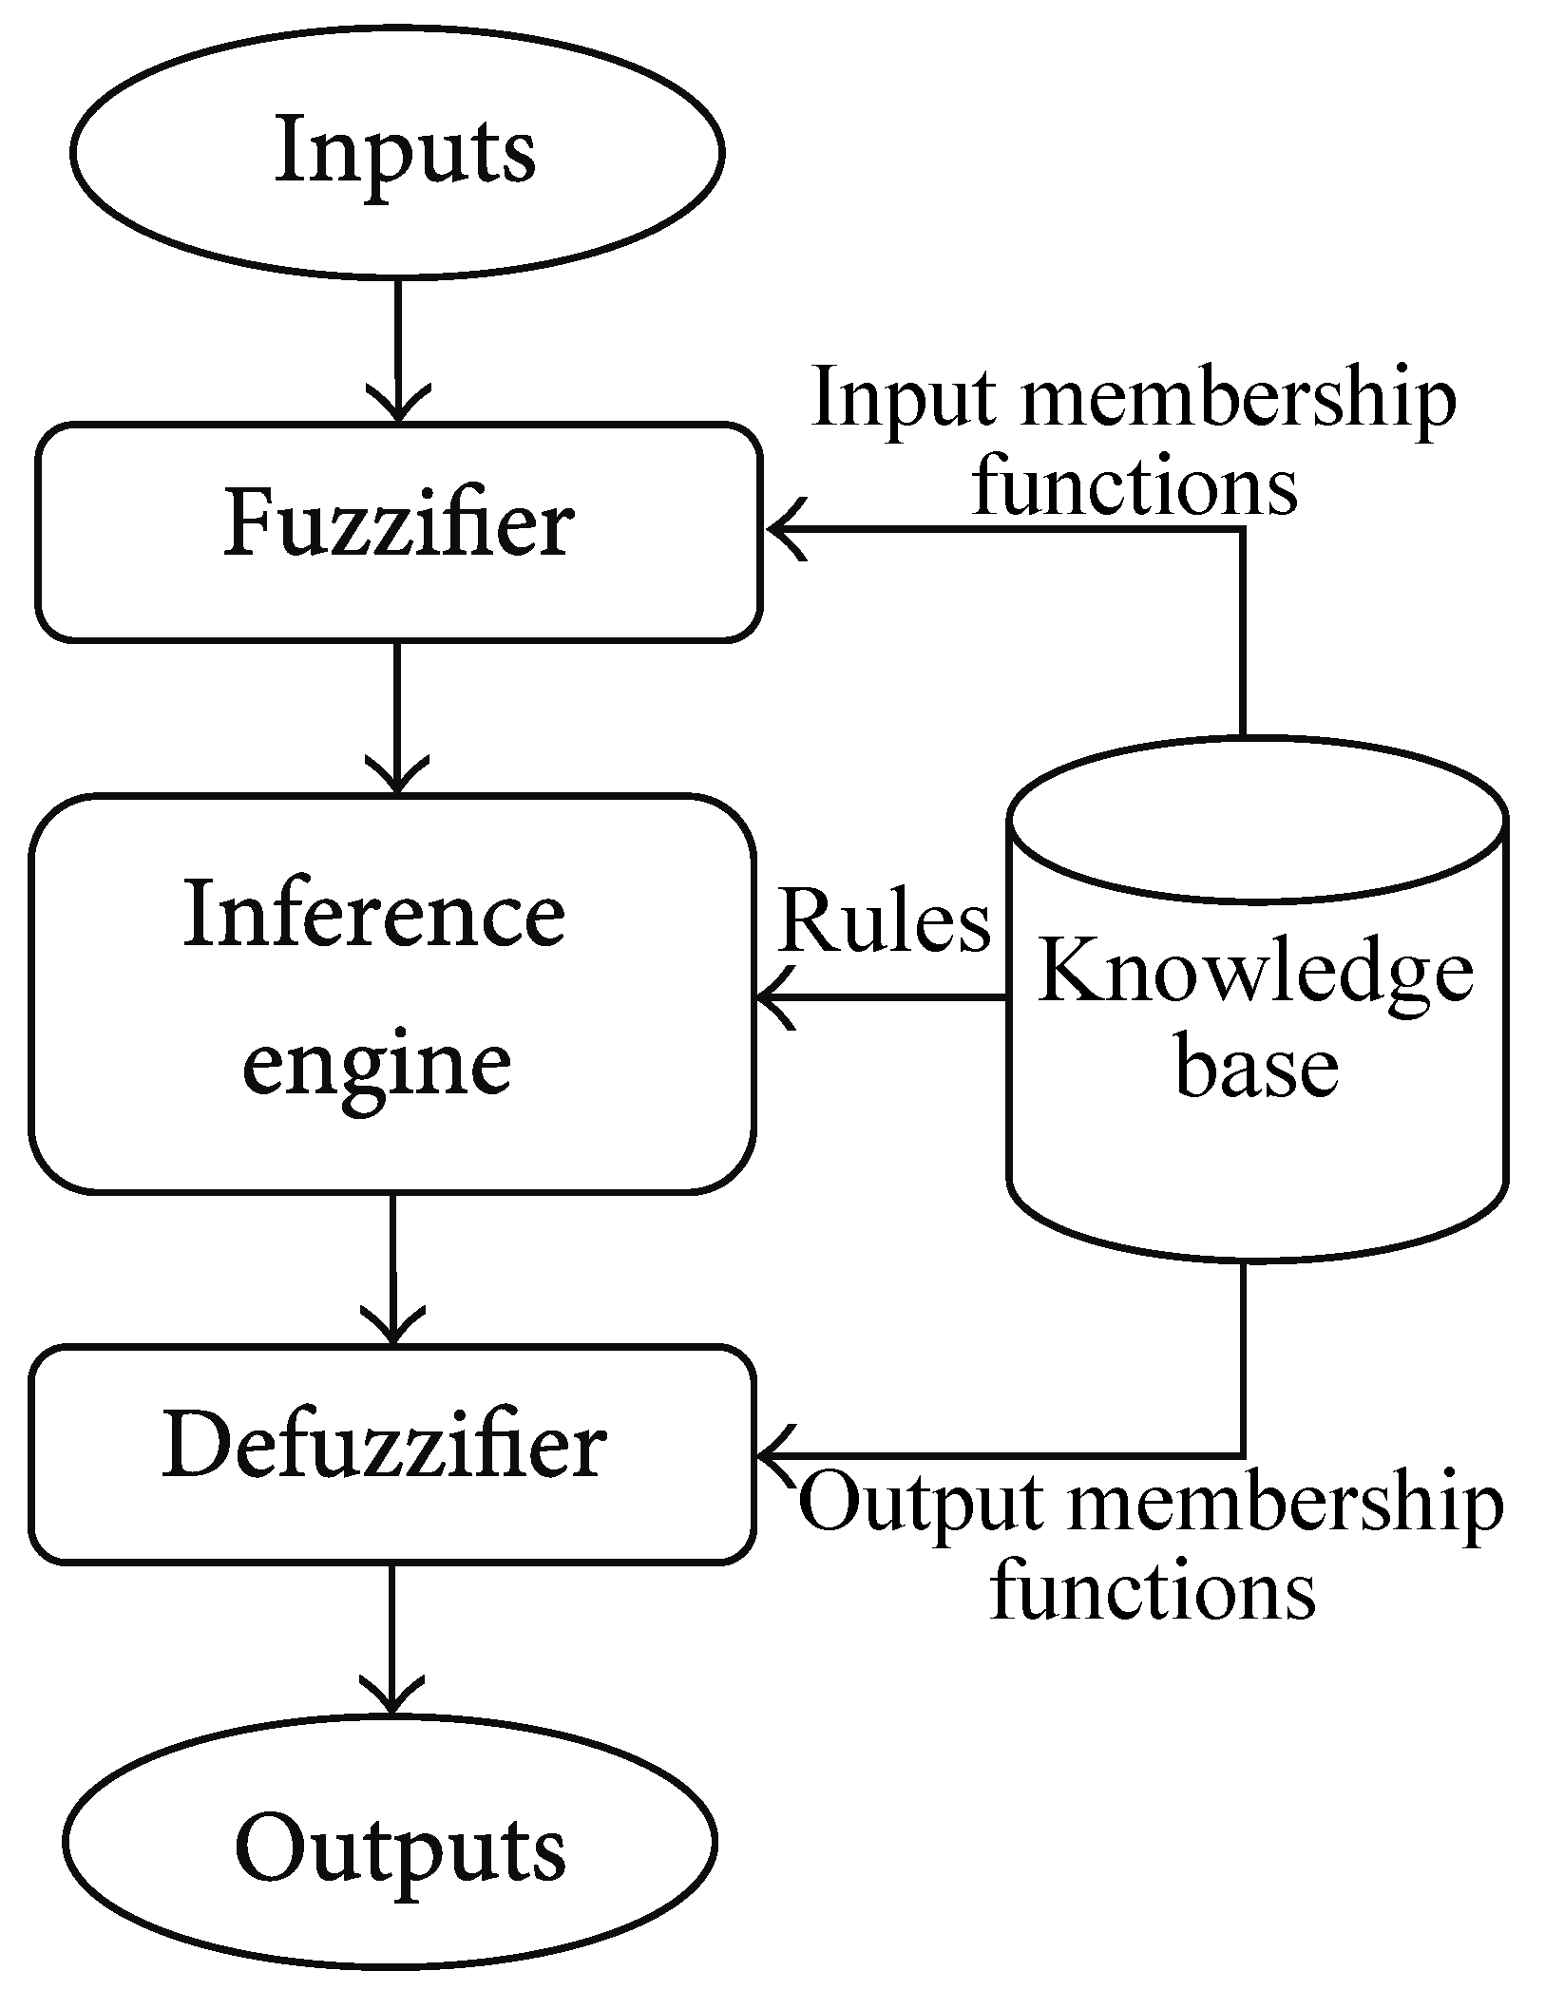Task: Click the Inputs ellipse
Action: coord(397,152)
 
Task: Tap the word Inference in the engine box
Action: coord(374,914)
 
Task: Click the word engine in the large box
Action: coord(377,1064)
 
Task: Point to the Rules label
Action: coord(884,921)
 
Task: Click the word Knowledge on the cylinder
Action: coord(1255,974)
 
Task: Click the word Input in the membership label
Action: coord(904,399)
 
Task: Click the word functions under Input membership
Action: coord(1135,486)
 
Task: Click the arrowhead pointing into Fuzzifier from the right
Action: coord(785,529)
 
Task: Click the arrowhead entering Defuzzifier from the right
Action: coord(774,1454)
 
